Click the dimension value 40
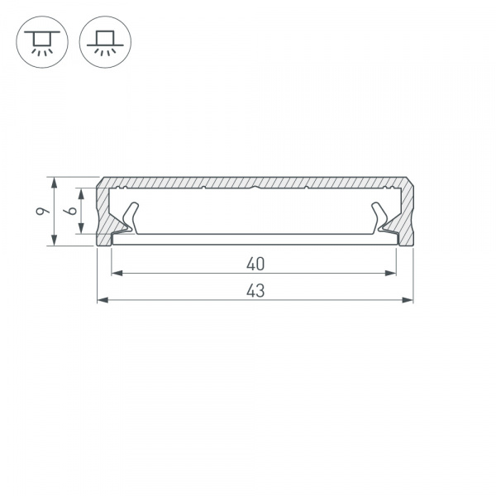(255, 265)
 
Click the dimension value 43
(255, 290)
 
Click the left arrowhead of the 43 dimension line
(102, 298)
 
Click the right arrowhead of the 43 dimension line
(408, 298)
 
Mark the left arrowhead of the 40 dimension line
(116, 273)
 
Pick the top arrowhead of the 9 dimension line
(54, 181)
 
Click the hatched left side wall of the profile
(104, 215)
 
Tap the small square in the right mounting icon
(105, 37)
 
